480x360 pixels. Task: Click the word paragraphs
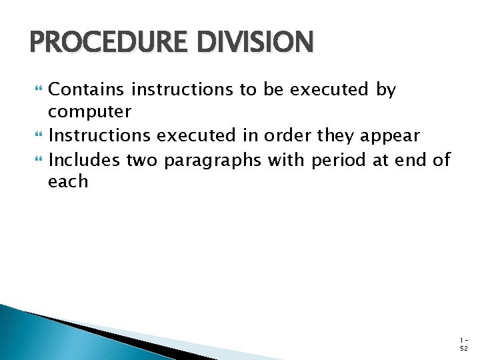point(213,161)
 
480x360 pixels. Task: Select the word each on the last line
point(68,182)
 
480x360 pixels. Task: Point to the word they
point(336,137)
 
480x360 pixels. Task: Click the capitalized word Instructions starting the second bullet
point(100,136)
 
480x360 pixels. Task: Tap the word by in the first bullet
point(386,90)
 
